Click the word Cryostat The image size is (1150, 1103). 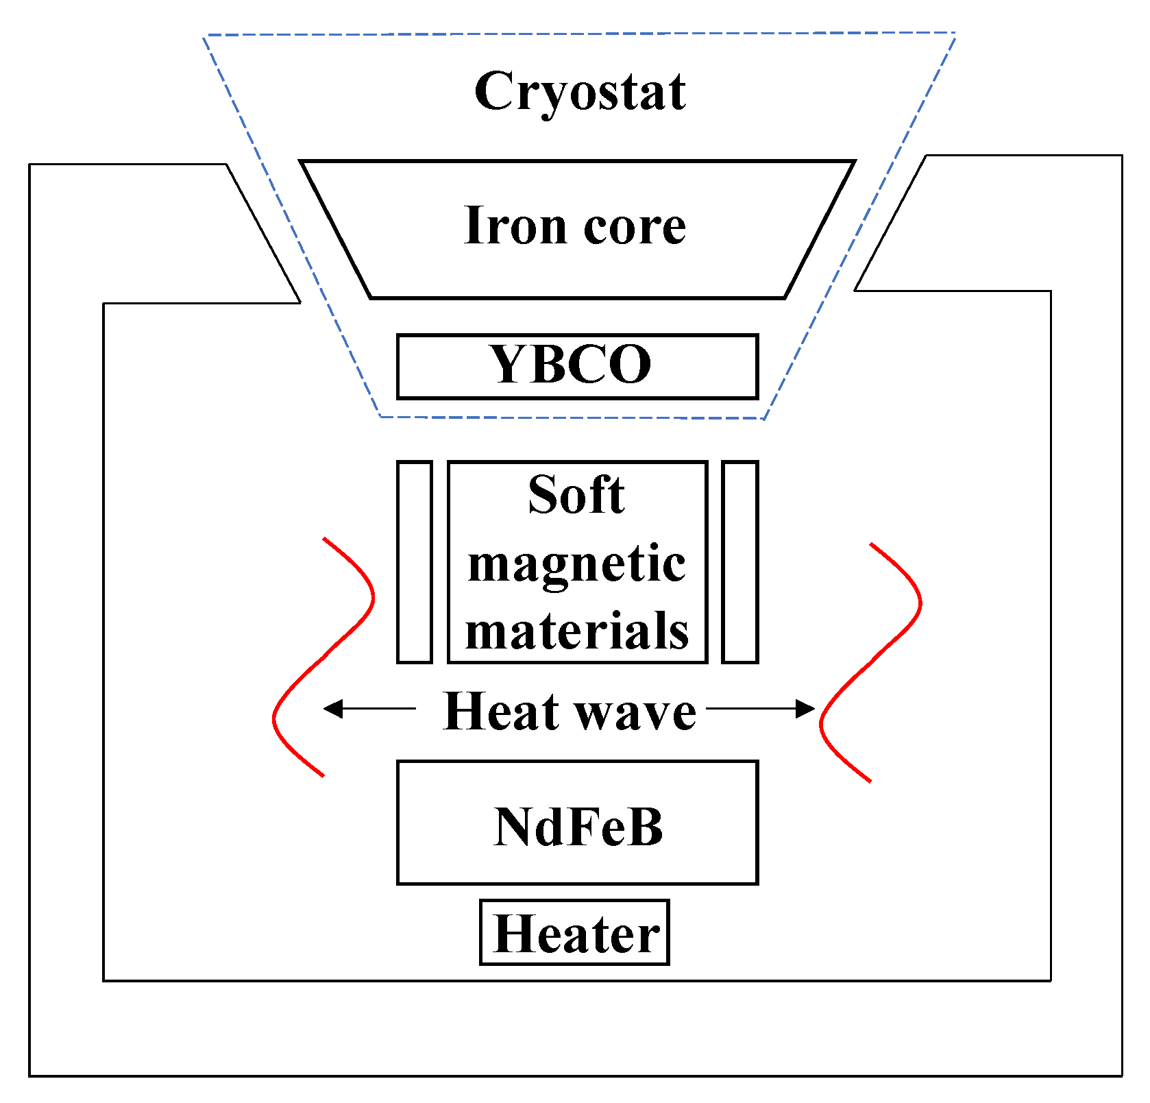[x=580, y=92]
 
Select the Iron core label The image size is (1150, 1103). [x=574, y=226]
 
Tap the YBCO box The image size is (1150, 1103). [x=577, y=366]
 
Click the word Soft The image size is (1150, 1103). [x=576, y=495]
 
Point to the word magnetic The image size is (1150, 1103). [x=576, y=565]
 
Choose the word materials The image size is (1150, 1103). [x=576, y=631]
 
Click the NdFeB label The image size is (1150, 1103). [x=578, y=827]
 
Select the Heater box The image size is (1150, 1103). [x=574, y=932]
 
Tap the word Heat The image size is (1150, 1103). [x=501, y=712]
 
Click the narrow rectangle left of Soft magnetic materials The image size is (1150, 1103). [x=415, y=562]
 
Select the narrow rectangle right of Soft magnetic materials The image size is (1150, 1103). [x=740, y=562]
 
